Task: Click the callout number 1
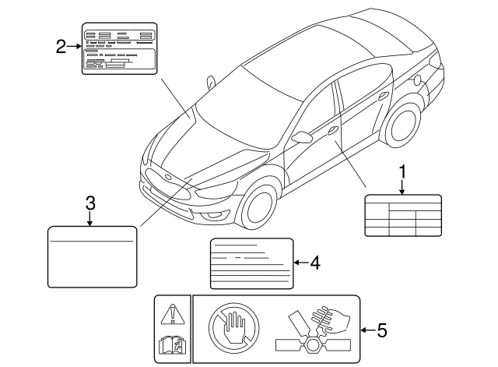tap(402, 169)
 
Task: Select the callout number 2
tap(61, 47)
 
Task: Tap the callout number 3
tap(90, 203)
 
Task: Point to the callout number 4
tap(314, 263)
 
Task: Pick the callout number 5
tap(381, 330)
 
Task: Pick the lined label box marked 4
tap(251, 263)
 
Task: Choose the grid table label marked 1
tap(402, 215)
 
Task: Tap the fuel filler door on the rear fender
tap(419, 79)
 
